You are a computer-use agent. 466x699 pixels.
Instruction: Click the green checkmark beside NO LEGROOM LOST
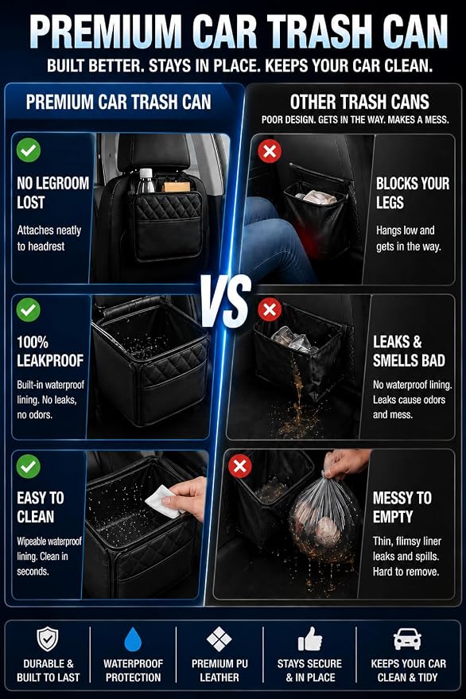tap(29, 150)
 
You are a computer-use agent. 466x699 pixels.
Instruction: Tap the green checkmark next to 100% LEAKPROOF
tap(29, 309)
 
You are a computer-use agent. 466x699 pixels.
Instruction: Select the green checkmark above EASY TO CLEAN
tap(29, 466)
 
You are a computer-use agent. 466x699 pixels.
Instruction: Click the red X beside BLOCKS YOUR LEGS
tap(270, 151)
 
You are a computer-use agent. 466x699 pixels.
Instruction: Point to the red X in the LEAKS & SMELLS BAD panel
tap(270, 309)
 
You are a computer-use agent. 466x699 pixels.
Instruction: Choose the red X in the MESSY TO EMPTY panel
tap(240, 466)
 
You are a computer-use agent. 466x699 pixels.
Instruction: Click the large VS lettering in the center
tap(226, 301)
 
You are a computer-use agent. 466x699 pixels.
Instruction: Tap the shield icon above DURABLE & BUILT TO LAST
tap(47, 639)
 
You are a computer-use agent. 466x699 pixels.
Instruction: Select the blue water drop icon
tap(133, 639)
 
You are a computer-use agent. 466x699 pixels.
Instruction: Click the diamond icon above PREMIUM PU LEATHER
tap(219, 639)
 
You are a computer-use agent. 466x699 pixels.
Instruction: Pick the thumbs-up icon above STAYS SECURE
tap(310, 639)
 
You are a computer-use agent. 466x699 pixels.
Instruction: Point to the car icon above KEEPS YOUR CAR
tap(408, 639)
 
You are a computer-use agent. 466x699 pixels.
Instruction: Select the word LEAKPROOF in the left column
tap(50, 361)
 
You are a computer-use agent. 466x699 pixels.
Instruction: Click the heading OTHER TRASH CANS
tap(359, 102)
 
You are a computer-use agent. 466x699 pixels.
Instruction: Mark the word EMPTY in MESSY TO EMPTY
tap(393, 517)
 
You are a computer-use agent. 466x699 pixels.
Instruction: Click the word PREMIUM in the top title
tap(105, 32)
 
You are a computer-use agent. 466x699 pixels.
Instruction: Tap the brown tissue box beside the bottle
tap(176, 186)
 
